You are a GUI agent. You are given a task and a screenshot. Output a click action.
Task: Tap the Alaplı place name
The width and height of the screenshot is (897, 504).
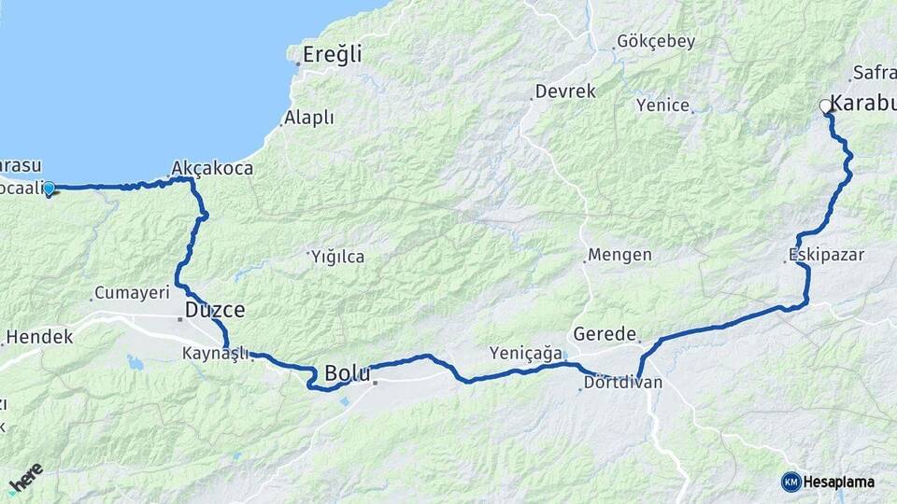(x=309, y=118)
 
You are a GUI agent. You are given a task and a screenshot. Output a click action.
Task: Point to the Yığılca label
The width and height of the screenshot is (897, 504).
(x=337, y=257)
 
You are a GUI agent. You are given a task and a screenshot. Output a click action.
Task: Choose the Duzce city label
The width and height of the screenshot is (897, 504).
(x=215, y=309)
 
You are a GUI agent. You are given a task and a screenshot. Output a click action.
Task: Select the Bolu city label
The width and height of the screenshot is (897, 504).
(x=348, y=373)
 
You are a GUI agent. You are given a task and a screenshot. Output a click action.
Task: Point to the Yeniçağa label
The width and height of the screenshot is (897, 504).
(x=526, y=353)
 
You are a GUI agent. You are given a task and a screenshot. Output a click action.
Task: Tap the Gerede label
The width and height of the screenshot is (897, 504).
(x=605, y=333)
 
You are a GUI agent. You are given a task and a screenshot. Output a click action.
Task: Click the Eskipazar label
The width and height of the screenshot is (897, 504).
(x=826, y=254)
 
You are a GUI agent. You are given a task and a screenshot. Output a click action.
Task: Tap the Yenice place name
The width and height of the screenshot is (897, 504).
(x=662, y=105)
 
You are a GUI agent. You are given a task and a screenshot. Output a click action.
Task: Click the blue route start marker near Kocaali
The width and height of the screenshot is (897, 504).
(x=49, y=189)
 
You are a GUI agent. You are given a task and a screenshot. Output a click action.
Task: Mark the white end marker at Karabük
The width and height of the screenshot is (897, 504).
(x=825, y=106)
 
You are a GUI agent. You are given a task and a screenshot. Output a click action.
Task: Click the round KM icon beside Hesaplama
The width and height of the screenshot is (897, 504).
(x=790, y=482)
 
